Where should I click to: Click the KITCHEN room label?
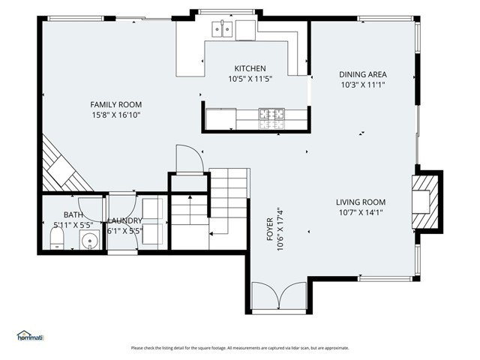pyautogui.click(x=250, y=68)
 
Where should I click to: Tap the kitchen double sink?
pyautogui.click(x=220, y=30)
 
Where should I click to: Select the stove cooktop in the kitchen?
pyautogui.click(x=271, y=114)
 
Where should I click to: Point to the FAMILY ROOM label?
pyautogui.click(x=116, y=104)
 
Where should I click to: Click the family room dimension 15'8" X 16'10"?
pyautogui.click(x=116, y=115)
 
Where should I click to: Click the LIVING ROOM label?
pyautogui.click(x=360, y=202)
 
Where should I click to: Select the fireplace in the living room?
pyautogui.click(x=424, y=201)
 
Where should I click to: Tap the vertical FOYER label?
pyautogui.click(x=270, y=234)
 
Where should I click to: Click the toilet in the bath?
pyautogui.click(x=56, y=240)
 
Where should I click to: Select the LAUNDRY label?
pyautogui.click(x=124, y=220)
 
